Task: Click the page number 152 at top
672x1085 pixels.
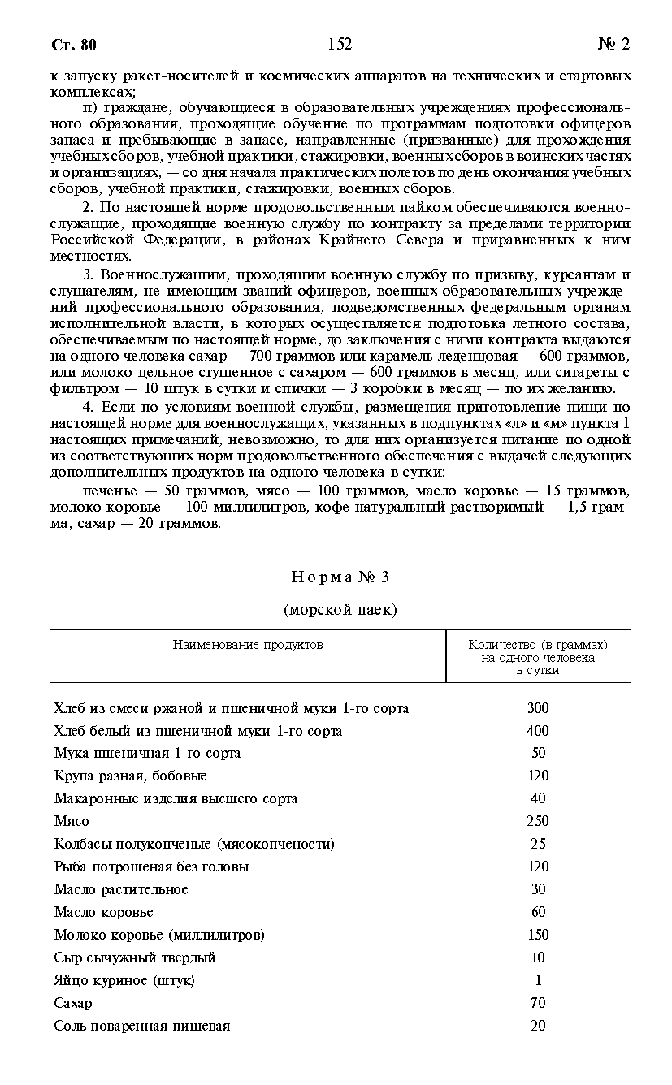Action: [x=340, y=44]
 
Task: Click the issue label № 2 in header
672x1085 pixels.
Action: [x=614, y=44]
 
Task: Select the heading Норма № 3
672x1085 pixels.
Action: [x=340, y=577]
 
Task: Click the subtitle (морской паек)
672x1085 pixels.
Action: [x=340, y=610]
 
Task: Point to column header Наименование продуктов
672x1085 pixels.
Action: [x=247, y=644]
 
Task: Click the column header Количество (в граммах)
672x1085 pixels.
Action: [x=538, y=644]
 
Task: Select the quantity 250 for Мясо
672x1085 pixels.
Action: [x=538, y=821]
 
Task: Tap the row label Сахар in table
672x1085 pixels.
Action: [x=73, y=1003]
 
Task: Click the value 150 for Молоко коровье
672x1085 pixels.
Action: [x=538, y=934]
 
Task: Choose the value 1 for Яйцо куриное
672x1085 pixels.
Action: [x=538, y=980]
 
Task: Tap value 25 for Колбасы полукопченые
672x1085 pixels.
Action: [x=538, y=843]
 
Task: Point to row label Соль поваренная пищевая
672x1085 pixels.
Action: [x=142, y=1025]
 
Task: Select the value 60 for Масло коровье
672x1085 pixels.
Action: [x=538, y=912]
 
